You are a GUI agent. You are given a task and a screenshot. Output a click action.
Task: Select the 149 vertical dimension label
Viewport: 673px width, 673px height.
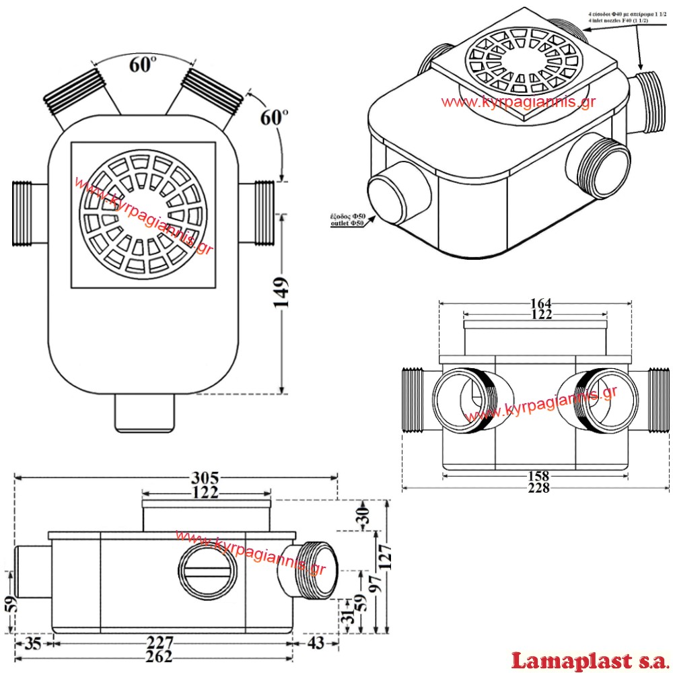(x=284, y=291)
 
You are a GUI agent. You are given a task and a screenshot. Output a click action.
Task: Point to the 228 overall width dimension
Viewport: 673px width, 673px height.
(x=539, y=488)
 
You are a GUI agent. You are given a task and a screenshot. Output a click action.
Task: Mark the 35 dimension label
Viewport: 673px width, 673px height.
(x=33, y=643)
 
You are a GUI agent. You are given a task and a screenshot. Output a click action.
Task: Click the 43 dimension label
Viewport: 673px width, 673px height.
(x=314, y=643)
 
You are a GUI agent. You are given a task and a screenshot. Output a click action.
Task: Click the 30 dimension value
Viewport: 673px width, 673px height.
(x=363, y=516)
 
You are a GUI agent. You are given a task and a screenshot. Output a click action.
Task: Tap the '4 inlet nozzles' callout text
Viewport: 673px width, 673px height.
(x=617, y=22)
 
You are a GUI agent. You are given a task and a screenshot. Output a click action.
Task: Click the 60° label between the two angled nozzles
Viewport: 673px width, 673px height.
(x=143, y=65)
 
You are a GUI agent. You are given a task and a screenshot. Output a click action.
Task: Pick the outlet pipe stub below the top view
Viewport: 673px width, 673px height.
(x=145, y=412)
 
